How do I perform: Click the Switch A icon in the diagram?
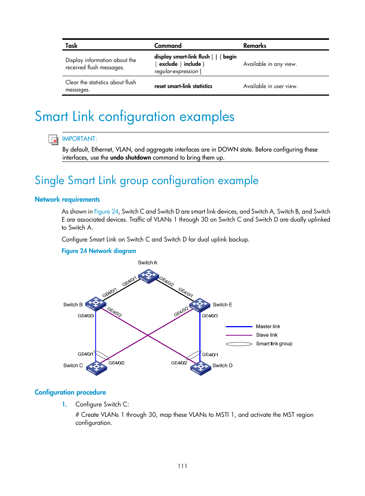click(x=148, y=276)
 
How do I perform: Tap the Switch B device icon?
click(x=96, y=304)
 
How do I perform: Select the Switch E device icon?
click(x=200, y=305)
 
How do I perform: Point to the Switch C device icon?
click(x=96, y=368)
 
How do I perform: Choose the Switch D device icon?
click(x=200, y=368)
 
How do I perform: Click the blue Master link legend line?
click(x=239, y=326)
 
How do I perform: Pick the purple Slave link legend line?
click(x=239, y=335)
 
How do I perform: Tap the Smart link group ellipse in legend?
click(x=239, y=344)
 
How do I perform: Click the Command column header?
click(x=168, y=46)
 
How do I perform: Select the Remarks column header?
click(x=254, y=46)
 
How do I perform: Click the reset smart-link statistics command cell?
click(x=183, y=86)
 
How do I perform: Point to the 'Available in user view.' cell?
click(x=270, y=86)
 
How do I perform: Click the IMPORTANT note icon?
click(x=53, y=140)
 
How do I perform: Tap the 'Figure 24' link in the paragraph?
click(x=106, y=211)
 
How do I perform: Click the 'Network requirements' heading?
click(x=67, y=199)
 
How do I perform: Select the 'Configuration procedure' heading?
click(x=70, y=392)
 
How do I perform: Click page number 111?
click(x=182, y=466)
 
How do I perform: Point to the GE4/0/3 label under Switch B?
click(x=86, y=316)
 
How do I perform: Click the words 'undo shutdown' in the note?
click(x=130, y=158)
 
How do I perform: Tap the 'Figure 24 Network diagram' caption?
click(x=99, y=251)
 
